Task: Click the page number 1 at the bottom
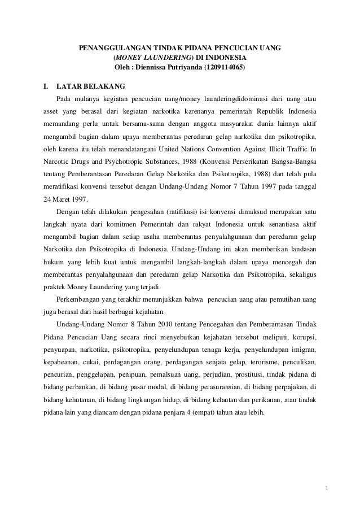(x=328, y=486)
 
